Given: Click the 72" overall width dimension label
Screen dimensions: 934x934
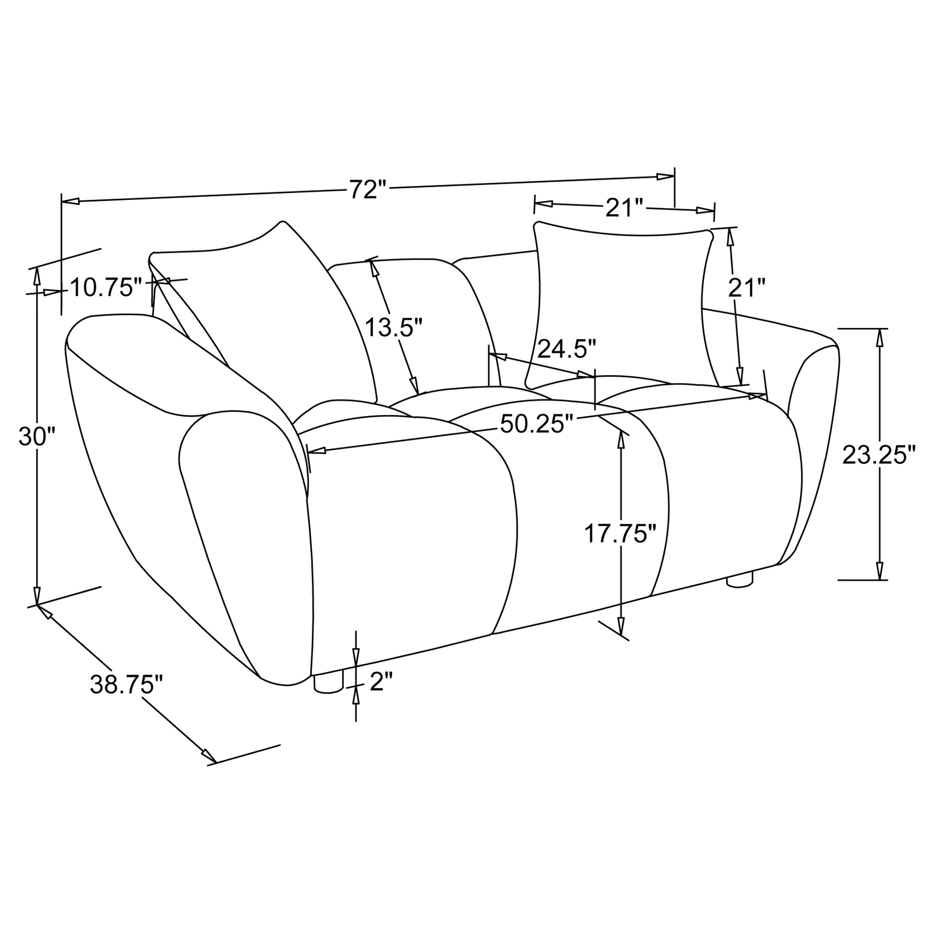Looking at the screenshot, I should point(368,189).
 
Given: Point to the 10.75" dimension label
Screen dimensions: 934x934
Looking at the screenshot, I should point(106,288).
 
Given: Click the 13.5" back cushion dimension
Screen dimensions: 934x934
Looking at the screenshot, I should point(393,327).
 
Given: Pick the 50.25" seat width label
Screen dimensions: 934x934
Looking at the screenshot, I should point(536,424).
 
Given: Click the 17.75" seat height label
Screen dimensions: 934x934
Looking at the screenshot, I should point(619,534).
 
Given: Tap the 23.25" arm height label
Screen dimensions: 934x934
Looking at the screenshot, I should point(878,455).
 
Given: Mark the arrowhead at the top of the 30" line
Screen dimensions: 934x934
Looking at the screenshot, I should point(36,276).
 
